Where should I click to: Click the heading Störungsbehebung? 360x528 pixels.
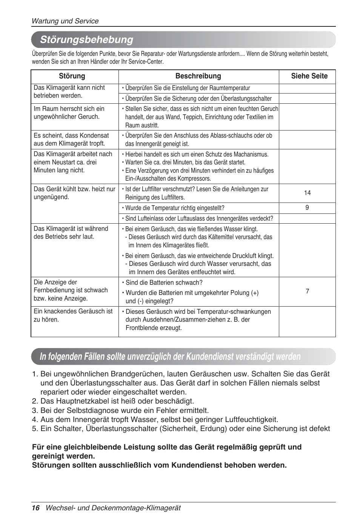86,40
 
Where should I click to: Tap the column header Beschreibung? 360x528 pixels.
198,76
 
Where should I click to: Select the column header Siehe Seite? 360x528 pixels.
309,76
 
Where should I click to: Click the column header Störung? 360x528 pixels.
72,76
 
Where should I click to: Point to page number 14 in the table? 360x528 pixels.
307,193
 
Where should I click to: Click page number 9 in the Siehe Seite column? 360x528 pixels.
307,208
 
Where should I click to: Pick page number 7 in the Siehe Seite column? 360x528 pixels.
307,292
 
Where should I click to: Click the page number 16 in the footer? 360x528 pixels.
35,508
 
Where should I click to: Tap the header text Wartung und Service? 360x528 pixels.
65,21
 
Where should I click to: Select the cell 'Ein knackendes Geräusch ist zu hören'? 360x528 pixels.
73,315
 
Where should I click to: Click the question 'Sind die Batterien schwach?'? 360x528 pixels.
164,282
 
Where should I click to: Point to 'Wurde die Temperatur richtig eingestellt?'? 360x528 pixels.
175,208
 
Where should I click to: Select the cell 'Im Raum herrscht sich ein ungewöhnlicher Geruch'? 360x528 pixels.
69,113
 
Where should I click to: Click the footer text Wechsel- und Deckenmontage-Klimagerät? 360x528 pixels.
113,508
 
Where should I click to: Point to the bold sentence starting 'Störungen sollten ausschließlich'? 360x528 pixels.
159,465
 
